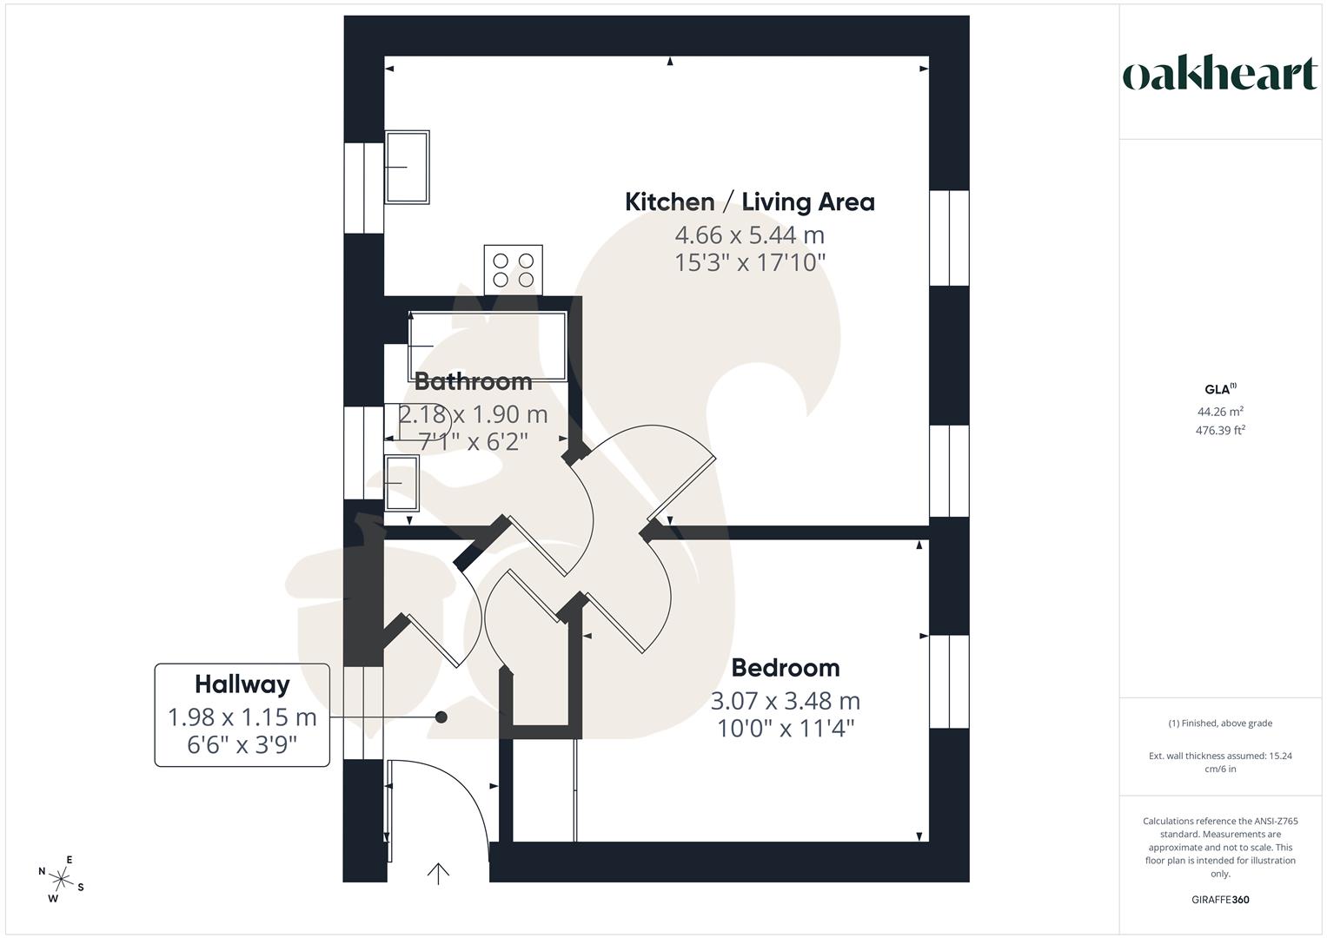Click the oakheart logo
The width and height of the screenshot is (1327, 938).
pos(1220,75)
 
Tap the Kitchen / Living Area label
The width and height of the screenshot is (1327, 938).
pos(749,201)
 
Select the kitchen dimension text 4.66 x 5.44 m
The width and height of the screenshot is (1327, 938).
pos(749,234)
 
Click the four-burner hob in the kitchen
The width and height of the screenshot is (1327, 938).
pos(514,269)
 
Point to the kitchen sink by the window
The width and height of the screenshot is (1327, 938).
pos(407,167)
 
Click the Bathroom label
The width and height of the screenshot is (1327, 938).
pos(473,380)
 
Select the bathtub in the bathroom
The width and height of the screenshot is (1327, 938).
pos(487,346)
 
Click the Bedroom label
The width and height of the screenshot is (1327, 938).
pos(785,667)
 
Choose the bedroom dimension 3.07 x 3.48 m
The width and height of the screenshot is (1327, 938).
pos(785,700)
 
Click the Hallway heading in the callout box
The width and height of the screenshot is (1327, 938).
pos(242,684)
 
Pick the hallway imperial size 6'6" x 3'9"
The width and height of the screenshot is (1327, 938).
pos(242,744)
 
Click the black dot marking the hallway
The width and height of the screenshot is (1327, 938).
pos(441,717)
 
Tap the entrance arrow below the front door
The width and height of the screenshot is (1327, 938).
pos(439,873)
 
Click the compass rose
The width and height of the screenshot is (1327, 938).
pos(61,878)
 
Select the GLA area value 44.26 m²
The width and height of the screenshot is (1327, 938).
pos(1220,412)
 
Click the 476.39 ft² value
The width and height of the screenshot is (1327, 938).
pos(1220,430)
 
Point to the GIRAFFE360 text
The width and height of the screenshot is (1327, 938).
pos(1220,900)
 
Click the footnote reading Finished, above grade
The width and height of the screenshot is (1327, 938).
pos(1220,723)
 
